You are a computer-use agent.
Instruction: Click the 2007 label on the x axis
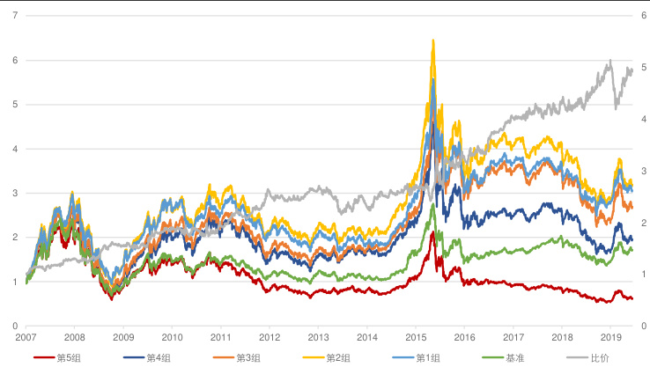pos(26,337)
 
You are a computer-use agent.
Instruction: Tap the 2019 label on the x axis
pos(610,337)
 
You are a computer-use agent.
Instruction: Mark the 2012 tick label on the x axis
pos(270,337)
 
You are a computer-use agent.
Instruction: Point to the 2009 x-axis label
pos(123,337)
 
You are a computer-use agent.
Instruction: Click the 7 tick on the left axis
pos(13,16)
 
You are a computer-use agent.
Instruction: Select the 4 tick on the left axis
pos(13,149)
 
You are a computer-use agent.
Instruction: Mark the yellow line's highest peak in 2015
pos(432,40)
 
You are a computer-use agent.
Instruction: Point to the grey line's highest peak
pos(609,61)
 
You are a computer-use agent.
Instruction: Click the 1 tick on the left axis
pos(13,282)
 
